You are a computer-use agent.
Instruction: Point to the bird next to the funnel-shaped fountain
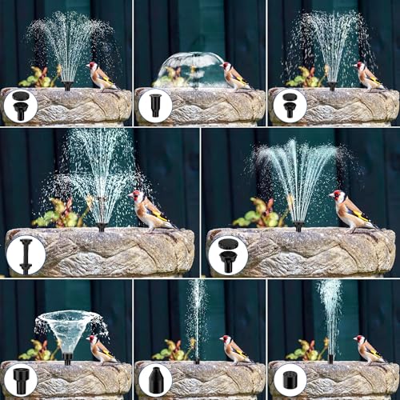[99, 347]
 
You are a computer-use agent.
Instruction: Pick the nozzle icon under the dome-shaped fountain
[154, 106]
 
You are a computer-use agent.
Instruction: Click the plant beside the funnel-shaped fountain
[37, 351]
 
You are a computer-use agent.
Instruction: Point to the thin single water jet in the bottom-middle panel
[196, 320]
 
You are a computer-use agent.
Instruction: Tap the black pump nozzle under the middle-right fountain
[298, 226]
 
